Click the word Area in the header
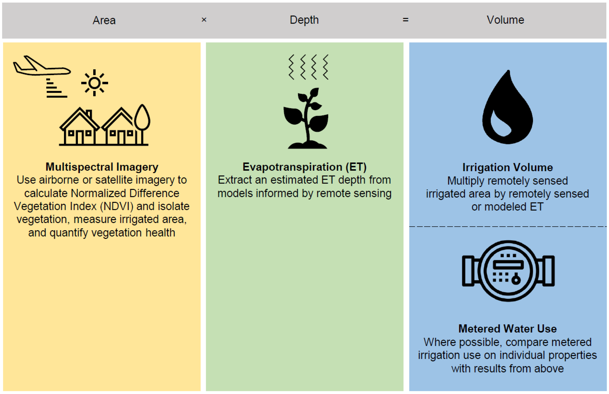[104, 20]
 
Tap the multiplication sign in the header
[204, 20]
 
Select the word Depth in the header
[304, 20]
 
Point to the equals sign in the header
[405, 20]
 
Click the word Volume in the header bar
[505, 20]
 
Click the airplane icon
[42, 66]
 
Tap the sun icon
[95, 83]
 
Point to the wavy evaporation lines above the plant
[308, 67]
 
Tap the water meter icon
[508, 271]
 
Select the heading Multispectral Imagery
[102, 167]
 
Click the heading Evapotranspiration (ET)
[304, 167]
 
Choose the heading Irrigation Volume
[508, 167]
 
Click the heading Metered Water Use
[508, 329]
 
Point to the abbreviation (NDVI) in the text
[117, 206]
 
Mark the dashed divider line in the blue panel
[508, 227]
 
